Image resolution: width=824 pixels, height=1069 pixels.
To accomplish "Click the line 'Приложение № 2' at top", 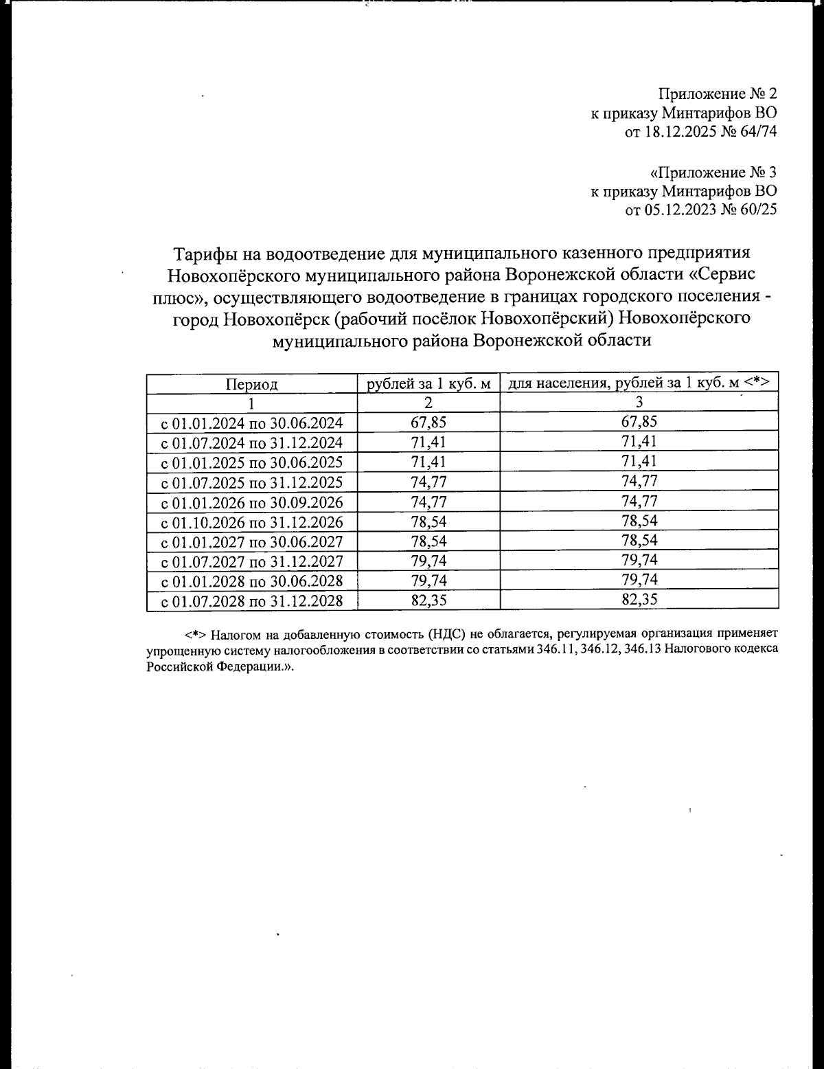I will (718, 93).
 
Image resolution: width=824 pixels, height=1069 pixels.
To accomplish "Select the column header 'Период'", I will (252, 384).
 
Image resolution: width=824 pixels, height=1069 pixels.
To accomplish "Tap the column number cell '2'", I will (428, 403).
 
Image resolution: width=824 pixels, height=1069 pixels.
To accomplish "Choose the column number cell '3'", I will (639, 403).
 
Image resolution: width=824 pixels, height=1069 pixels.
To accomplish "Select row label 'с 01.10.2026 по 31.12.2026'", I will (252, 522).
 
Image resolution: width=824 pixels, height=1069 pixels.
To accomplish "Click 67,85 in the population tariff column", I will (639, 421).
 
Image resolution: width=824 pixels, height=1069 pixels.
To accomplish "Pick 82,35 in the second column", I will (428, 600).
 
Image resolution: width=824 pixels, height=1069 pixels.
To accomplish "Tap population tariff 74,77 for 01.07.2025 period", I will (639, 481).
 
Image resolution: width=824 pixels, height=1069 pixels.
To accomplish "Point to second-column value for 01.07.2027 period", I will (428, 561).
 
